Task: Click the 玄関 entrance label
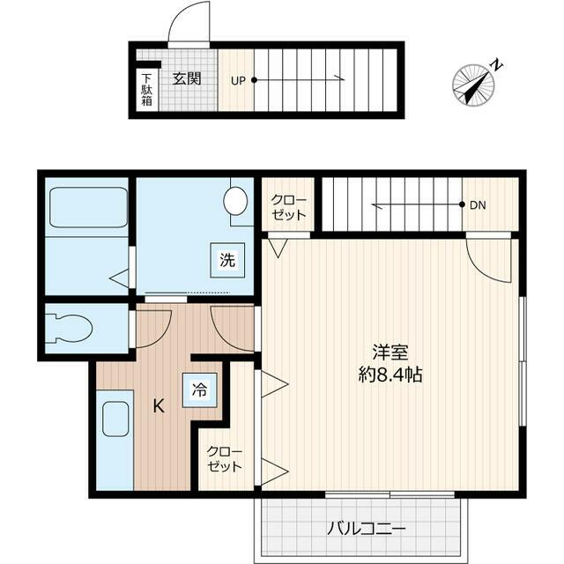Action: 186,78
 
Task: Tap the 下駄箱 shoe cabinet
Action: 146,89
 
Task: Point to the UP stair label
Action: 238,80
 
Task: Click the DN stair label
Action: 477,205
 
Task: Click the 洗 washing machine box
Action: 227,260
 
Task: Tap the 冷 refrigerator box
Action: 200,390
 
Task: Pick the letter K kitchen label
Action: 159,406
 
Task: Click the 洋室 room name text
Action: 389,351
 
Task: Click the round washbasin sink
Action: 236,200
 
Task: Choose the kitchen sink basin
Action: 116,420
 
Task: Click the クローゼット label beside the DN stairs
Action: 288,207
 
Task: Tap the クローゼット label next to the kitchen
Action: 225,458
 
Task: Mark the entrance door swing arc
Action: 189,22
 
